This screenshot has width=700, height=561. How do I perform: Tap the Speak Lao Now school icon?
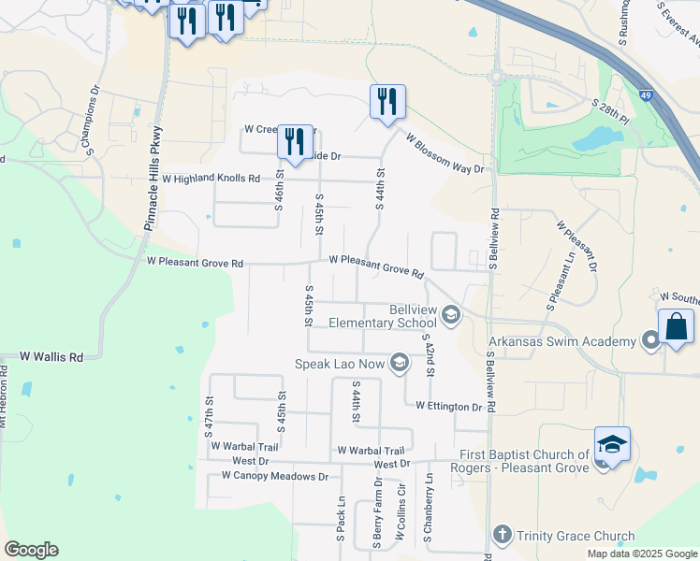coord(400,363)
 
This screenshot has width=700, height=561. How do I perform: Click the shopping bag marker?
coord(676,328)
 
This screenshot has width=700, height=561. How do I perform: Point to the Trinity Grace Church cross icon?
coord(502,536)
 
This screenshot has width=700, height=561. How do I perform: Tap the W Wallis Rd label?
coord(51,357)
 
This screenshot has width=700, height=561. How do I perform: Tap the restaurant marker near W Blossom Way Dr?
coord(387,101)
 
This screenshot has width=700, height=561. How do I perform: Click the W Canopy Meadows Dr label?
coord(275,476)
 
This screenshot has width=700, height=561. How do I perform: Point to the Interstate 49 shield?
coord(647,95)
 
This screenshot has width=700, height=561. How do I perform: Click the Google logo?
coord(31,550)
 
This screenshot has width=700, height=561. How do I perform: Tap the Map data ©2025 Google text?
coord(641,554)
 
